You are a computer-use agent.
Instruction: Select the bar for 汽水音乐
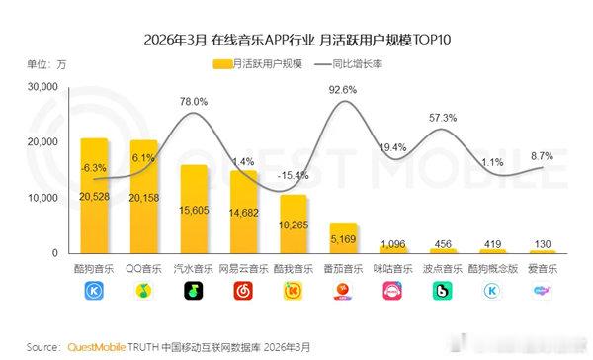[x=194, y=209]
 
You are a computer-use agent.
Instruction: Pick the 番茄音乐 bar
[x=343, y=237]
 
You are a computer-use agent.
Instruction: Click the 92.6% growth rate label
[x=343, y=90]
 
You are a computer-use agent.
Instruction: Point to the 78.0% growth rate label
[x=194, y=102]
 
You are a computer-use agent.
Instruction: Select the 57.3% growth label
[x=442, y=118]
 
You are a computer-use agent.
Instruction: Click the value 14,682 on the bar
[x=243, y=213]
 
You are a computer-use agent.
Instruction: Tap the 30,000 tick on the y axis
[x=43, y=87]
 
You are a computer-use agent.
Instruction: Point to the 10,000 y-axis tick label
[x=43, y=198]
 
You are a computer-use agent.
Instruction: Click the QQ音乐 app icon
[x=144, y=292]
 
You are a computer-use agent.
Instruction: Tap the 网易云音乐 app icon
[x=243, y=292]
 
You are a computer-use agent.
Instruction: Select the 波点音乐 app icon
[x=442, y=292]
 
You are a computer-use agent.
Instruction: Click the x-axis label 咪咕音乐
[x=392, y=269]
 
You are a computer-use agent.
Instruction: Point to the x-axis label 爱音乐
[x=542, y=269]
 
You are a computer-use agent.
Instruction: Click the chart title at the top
[x=296, y=40]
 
